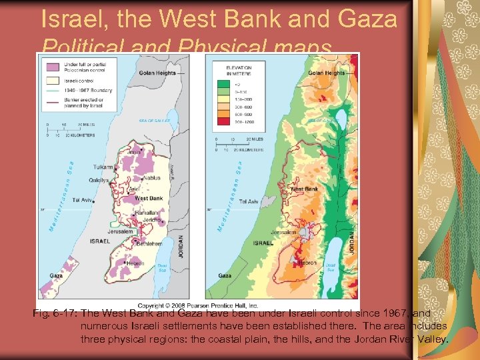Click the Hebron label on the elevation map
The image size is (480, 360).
309,263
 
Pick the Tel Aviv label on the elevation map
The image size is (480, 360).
249,201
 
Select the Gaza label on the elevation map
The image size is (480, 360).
225,275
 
